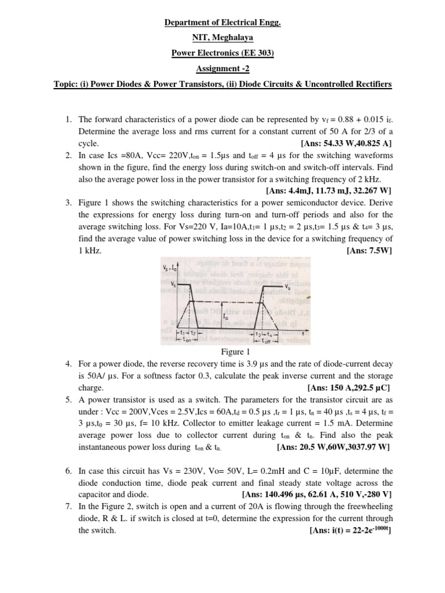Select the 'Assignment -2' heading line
pyautogui.click(x=222, y=68)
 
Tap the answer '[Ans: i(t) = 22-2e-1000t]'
pyautogui.click(x=352, y=530)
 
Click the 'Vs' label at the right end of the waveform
pyautogui.click(x=288, y=286)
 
